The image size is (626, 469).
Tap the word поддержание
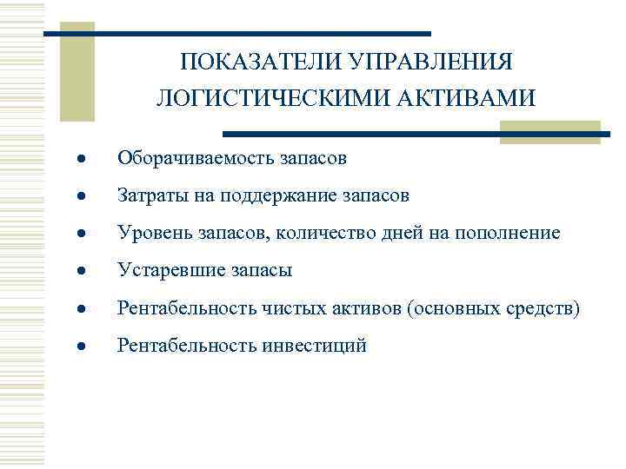[267, 196]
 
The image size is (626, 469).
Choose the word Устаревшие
[170, 271]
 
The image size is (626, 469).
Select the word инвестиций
[314, 346]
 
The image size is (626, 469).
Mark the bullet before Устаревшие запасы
[80, 272]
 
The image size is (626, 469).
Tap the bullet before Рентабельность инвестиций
[80, 347]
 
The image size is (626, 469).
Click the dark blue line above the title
[236, 33]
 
